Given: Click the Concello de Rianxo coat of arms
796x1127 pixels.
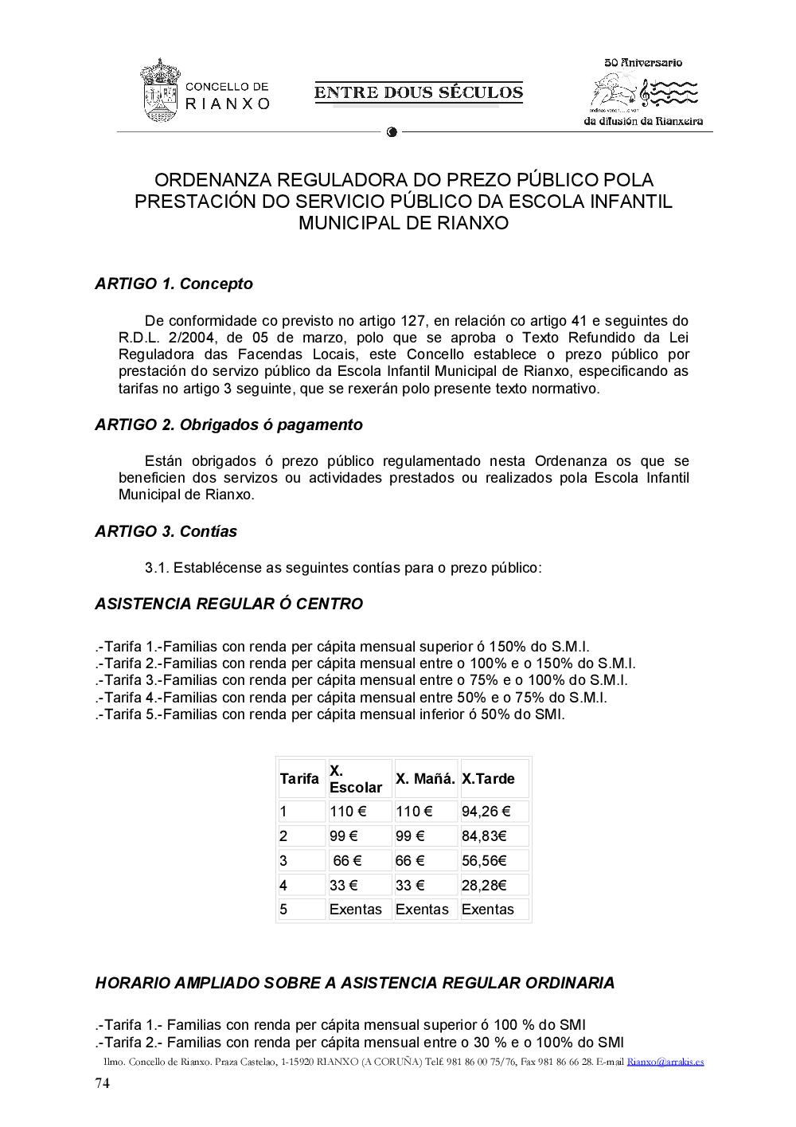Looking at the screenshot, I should pos(160,90).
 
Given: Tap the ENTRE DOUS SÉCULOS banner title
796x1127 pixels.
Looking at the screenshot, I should pos(419,92).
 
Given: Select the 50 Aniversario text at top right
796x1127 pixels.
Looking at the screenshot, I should pos(643,62).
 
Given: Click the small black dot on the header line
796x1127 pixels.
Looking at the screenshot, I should pos(392,132).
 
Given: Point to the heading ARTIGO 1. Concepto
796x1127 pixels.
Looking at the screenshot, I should pos(174,284).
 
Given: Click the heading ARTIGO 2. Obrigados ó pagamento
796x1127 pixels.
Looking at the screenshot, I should pos(228,425).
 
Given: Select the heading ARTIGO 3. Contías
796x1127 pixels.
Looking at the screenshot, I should pos(166,531).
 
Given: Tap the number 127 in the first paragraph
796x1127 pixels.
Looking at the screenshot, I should pos(412,321).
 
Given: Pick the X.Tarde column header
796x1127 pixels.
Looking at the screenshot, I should pos(488,779).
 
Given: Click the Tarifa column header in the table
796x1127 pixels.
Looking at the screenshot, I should pos(299,779).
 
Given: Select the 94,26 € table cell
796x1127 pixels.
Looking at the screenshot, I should pos(486,812).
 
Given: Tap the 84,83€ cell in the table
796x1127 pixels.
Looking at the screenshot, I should pos(484,836).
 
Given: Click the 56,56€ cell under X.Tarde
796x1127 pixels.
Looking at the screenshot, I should pos(484,861).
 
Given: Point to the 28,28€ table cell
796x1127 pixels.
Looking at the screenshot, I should pos(484,886).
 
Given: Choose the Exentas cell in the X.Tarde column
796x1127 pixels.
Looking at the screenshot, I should pos(488,910).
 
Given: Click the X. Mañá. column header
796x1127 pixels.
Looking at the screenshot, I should pos(425,779).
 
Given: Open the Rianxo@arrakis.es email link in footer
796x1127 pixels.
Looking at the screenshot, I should pos(665,1062).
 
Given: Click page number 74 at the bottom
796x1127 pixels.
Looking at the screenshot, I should pos(103,1083).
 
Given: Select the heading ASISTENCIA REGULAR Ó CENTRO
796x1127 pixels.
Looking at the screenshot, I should pos(228,604).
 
